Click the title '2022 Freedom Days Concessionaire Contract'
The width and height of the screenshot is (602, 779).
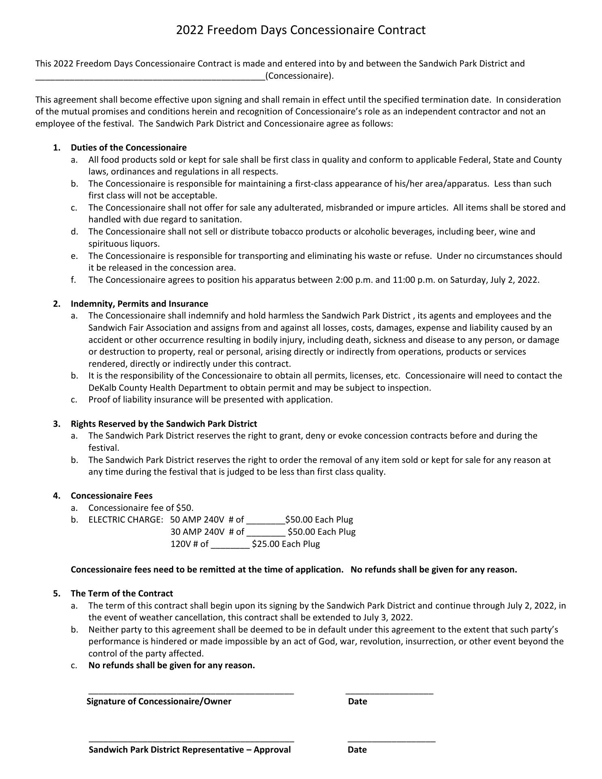pyautogui.click(x=301, y=30)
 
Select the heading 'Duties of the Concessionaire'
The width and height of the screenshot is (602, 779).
pyautogui.click(x=129, y=147)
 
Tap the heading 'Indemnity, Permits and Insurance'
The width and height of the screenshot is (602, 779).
pyautogui.click(x=139, y=303)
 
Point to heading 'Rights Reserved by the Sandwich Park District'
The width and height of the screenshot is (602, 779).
pyautogui.click(x=164, y=424)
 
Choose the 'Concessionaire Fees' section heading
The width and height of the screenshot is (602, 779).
pyautogui.click(x=112, y=495)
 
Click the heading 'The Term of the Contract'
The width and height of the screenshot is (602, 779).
pyautogui.click(x=122, y=593)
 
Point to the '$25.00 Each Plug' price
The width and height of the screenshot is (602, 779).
pyautogui.click(x=286, y=544)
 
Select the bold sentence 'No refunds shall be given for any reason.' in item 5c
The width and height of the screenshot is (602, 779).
pyautogui.click(x=172, y=665)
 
